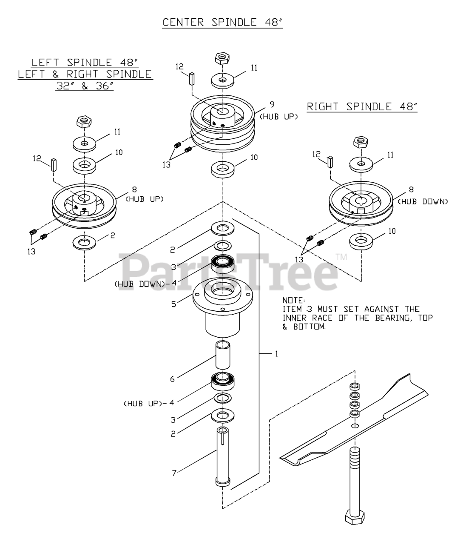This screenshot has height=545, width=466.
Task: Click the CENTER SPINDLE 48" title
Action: point(222,22)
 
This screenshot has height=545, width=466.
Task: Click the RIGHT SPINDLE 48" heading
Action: point(362,107)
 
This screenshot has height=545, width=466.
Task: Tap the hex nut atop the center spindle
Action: point(222,58)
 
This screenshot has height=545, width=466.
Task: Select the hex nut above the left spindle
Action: point(84,122)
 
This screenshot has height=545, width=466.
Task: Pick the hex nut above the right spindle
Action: point(361,142)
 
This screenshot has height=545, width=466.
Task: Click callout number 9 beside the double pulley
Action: point(272,105)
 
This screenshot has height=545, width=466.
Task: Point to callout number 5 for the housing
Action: point(174,304)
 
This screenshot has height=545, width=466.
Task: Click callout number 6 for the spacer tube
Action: point(172,379)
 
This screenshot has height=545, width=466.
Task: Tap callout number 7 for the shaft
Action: point(174,473)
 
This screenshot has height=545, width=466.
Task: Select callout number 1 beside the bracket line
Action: point(276,354)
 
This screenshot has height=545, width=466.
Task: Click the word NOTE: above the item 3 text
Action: point(294,300)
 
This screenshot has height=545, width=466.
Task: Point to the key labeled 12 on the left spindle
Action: point(54,165)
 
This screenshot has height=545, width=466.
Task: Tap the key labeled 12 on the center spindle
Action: point(192,78)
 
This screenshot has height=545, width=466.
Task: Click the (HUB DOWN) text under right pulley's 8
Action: point(423,202)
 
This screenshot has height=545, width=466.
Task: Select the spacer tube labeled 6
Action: point(223,355)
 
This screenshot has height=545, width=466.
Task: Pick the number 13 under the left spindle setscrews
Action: point(31,252)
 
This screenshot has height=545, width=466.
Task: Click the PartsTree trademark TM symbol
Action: point(341,257)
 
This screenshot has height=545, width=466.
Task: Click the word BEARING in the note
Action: point(392,318)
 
